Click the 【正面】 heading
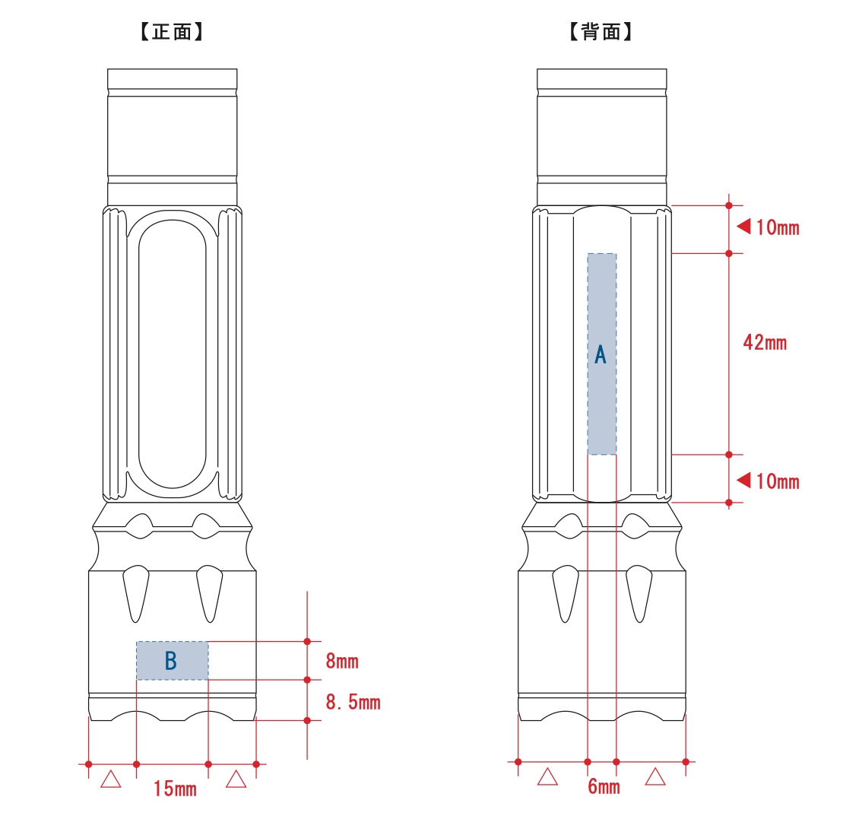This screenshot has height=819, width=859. click(172, 32)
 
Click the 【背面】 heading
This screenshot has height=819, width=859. click(601, 32)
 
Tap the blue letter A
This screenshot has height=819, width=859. click(601, 354)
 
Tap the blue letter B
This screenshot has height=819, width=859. click(171, 661)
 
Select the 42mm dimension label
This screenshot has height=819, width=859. click(765, 343)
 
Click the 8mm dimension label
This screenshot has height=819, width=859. click(342, 661)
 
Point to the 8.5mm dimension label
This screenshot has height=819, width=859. click(353, 702)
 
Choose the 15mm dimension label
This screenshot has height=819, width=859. click(175, 789)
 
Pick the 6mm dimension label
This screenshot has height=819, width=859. click(604, 786)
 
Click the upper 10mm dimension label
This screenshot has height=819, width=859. click(778, 227)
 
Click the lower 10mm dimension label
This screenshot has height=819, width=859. click(778, 481)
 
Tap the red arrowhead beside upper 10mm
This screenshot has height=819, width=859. click(743, 226)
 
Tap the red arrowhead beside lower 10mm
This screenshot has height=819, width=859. click(743, 480)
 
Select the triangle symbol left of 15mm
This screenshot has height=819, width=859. click(111, 779)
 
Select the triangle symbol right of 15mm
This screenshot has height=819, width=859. click(236, 779)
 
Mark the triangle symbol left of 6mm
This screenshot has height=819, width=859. click(547, 776)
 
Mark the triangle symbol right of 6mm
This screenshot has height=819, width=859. click(655, 776)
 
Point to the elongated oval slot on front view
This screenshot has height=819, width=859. click(172, 354)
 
